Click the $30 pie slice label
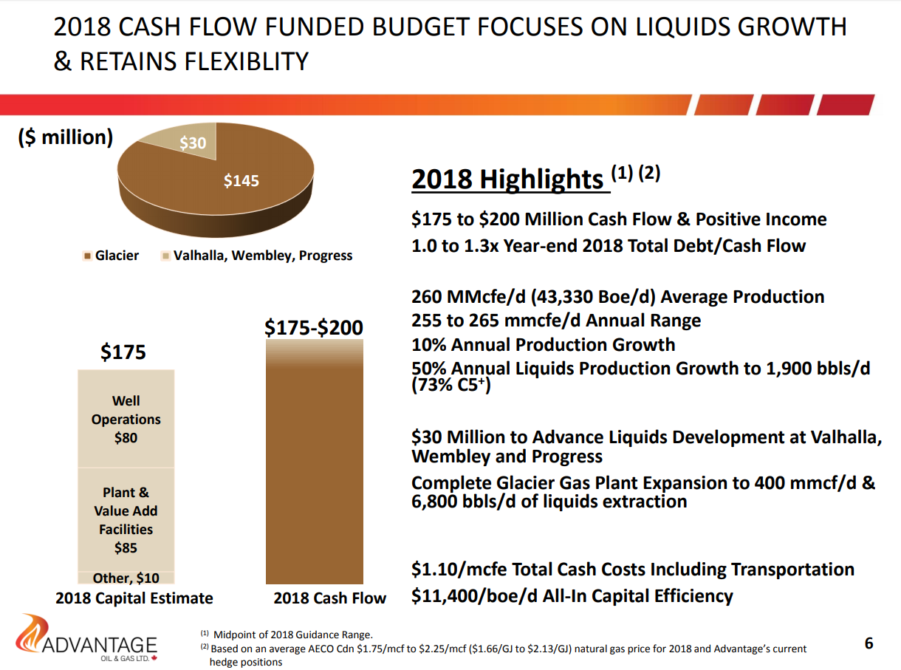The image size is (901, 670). [193, 143]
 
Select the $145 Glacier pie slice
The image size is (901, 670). [241, 180]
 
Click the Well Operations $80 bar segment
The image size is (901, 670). [126, 419]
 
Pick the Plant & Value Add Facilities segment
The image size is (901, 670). [126, 519]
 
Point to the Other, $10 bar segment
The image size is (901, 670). [126, 578]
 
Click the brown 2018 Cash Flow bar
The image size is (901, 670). [315, 473]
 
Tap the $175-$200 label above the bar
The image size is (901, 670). [314, 327]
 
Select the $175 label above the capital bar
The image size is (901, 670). [123, 352]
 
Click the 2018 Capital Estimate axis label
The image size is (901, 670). [134, 598]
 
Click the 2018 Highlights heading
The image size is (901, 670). [507, 180]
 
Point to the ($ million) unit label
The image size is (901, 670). [65, 137]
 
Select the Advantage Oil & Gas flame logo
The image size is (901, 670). [32, 634]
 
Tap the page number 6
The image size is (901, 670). [869, 643]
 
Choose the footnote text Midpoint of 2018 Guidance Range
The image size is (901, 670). [293, 635]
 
